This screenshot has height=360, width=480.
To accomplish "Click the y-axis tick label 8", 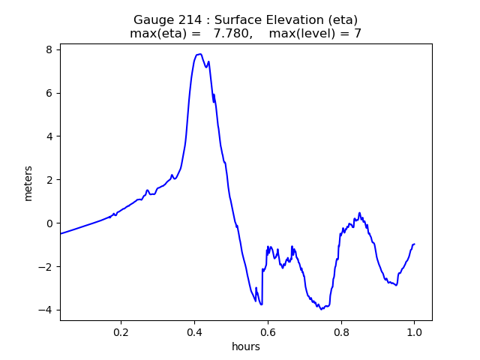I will coord(49,49).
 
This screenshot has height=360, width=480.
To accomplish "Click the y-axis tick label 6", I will coord(49,93).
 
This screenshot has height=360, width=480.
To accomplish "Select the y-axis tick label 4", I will coord(49,136).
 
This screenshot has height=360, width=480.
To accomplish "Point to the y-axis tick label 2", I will coord(49,180).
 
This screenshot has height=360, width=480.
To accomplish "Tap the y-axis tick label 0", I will coord(49,223).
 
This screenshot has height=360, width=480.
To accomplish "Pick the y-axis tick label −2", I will coord(46,267).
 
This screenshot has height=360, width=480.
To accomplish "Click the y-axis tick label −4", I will coord(46,310).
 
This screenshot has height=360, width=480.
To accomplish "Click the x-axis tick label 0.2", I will coord(121,331).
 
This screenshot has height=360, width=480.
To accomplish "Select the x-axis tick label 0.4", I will coord(194,331).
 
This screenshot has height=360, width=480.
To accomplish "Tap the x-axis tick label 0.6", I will coord(268,331).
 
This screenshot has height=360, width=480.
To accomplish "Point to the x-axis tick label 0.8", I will coord(341,331).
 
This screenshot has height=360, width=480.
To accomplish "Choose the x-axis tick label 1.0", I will coord(414,331).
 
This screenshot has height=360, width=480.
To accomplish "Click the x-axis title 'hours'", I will coord(246,346).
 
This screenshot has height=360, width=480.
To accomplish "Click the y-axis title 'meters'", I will coord(28,183).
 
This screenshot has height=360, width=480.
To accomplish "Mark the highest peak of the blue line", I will coord(199,54).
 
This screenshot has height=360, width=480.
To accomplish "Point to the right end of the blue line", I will coord(414,244).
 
